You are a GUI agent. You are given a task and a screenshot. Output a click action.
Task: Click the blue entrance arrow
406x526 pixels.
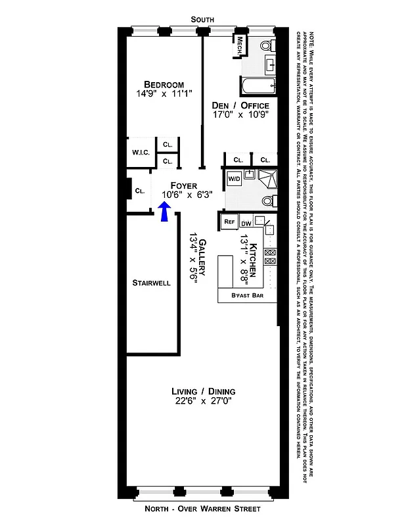(x=165, y=212)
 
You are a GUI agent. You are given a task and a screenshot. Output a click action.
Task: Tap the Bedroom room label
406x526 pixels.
(x=164, y=84)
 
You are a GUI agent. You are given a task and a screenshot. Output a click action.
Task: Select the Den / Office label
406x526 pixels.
(x=240, y=105)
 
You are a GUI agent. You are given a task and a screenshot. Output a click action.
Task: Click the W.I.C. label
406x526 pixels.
(x=141, y=153)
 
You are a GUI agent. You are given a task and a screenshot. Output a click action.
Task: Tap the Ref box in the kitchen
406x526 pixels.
(x=229, y=222)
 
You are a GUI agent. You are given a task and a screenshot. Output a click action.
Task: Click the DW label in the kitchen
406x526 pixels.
(x=247, y=223)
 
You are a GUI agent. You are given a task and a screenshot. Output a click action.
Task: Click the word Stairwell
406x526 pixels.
(x=152, y=283)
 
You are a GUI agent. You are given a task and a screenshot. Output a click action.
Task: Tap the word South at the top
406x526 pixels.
(x=202, y=20)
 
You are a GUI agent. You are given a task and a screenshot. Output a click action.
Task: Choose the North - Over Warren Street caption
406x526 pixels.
(x=202, y=509)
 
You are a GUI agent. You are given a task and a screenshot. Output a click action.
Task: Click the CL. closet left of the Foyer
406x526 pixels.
(x=140, y=191)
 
